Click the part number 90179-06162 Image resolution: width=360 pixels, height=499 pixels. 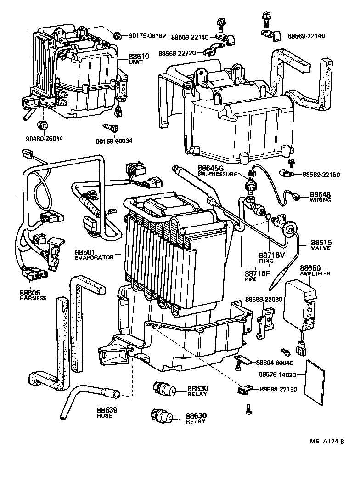(148, 35)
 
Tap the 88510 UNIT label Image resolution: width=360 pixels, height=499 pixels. (139, 58)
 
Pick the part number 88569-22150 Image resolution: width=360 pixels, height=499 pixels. (321, 175)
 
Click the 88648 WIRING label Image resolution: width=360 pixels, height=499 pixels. (320, 197)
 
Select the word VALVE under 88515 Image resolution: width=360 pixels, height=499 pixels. (321, 248)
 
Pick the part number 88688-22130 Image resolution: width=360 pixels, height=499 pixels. (278, 389)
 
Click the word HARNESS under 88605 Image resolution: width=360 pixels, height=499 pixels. (33, 298)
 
